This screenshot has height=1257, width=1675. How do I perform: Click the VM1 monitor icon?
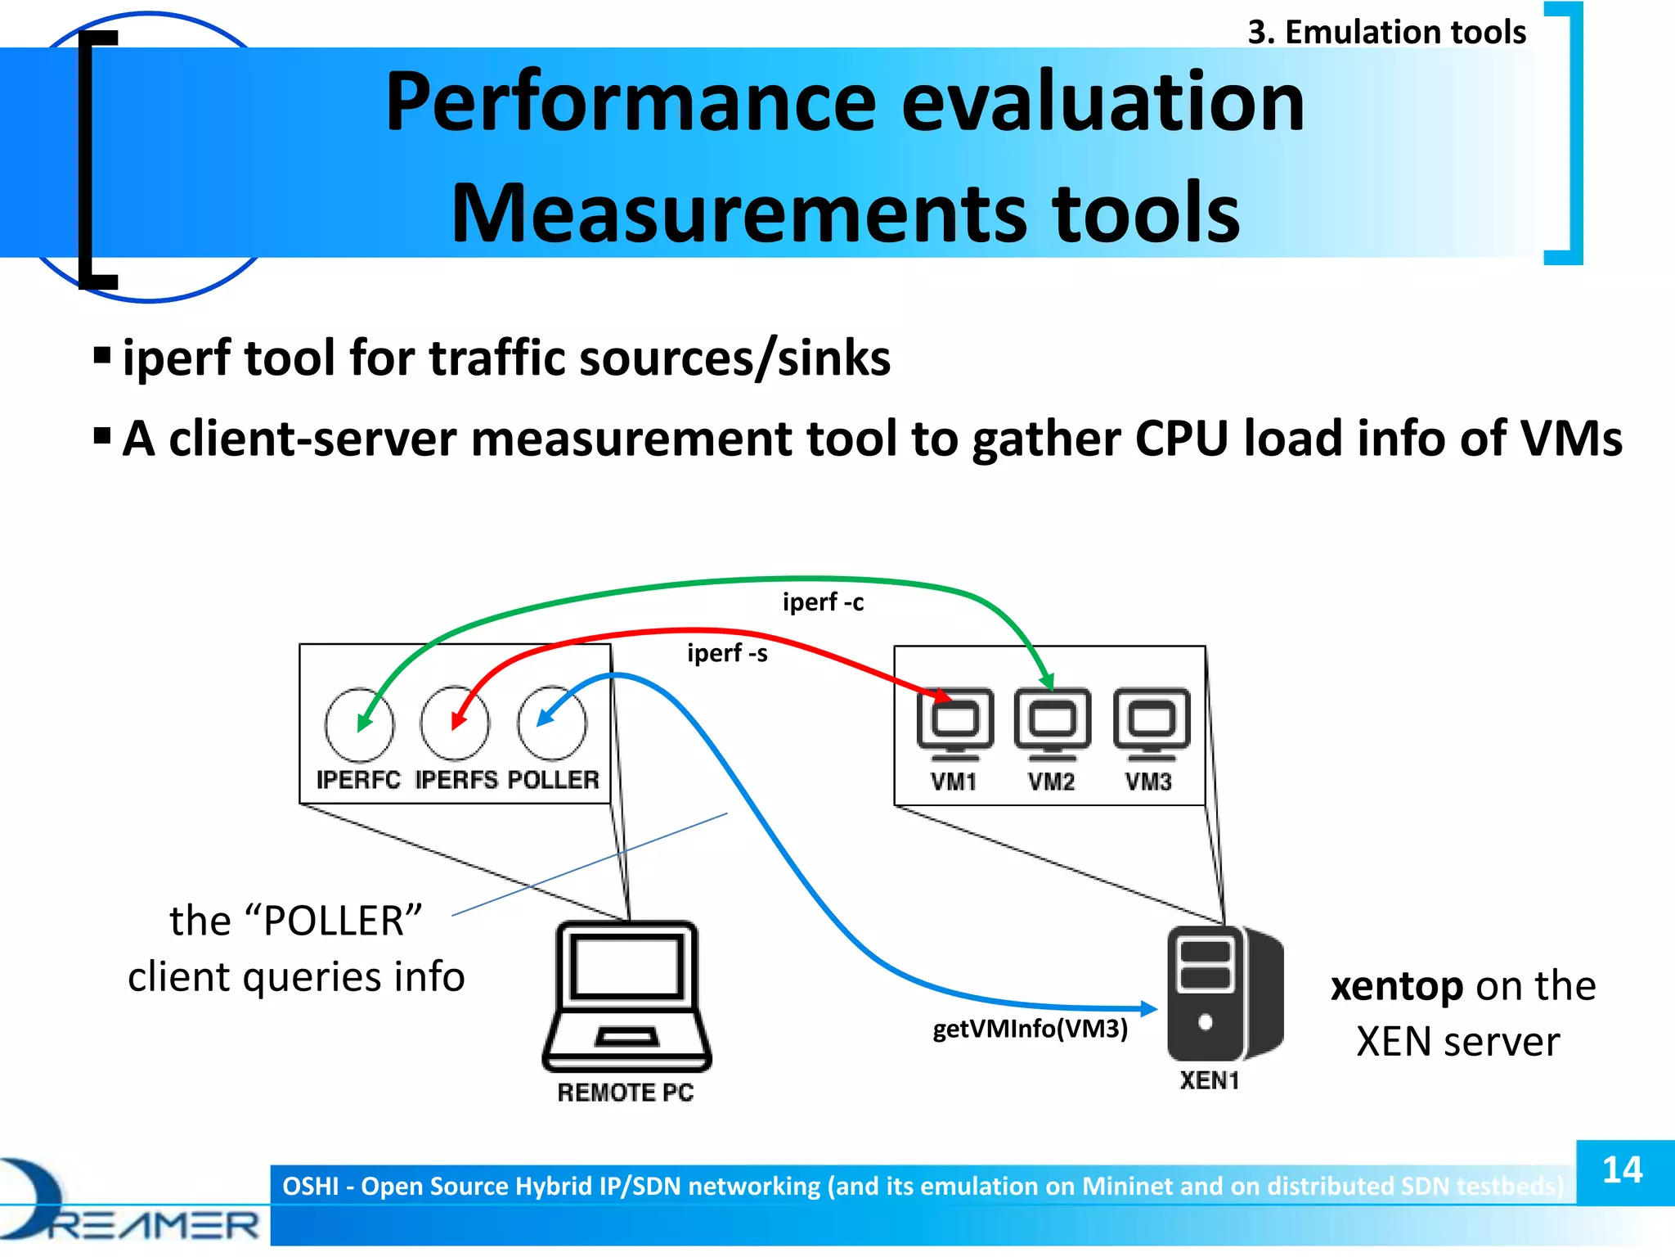point(955,723)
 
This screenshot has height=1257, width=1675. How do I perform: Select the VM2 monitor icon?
point(1052,723)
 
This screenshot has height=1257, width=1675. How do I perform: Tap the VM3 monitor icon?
point(1151,723)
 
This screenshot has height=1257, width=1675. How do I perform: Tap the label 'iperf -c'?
point(823,602)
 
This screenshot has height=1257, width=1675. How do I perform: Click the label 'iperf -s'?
point(727,653)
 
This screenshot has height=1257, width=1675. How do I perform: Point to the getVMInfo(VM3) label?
point(1030,1029)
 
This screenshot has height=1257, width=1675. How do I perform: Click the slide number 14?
point(1623,1170)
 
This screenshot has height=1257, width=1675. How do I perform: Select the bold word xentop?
point(1396,986)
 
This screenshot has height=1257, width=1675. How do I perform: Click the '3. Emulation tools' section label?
point(1386,33)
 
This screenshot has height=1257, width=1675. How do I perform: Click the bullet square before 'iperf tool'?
point(102,356)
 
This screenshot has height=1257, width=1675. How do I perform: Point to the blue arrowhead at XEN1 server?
point(1148,1009)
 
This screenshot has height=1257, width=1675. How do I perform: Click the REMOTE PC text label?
point(626,1093)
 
